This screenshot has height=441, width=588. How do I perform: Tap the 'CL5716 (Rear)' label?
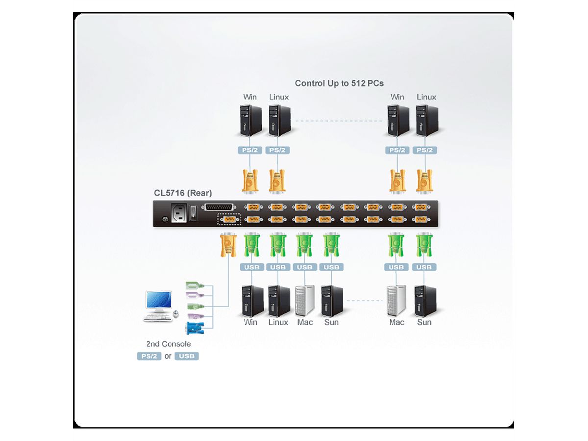pyautogui.click(x=183, y=193)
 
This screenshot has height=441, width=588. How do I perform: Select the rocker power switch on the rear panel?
pyautogui.click(x=194, y=211)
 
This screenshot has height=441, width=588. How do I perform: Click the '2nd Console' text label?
pyautogui.click(x=168, y=344)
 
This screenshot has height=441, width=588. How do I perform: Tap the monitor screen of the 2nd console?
pyautogui.click(x=159, y=299)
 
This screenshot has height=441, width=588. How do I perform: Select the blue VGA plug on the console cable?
pyautogui.click(x=195, y=329)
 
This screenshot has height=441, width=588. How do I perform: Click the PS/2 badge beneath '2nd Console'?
pyautogui.click(x=149, y=356)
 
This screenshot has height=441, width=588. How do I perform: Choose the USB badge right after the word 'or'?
pyautogui.click(x=187, y=356)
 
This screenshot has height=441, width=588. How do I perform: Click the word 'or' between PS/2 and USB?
pyautogui.click(x=168, y=356)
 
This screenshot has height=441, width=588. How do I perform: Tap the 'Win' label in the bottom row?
pyautogui.click(x=250, y=322)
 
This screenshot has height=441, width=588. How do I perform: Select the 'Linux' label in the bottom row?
pyautogui.click(x=278, y=322)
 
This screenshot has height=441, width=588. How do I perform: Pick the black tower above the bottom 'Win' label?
pyautogui.click(x=251, y=300)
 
